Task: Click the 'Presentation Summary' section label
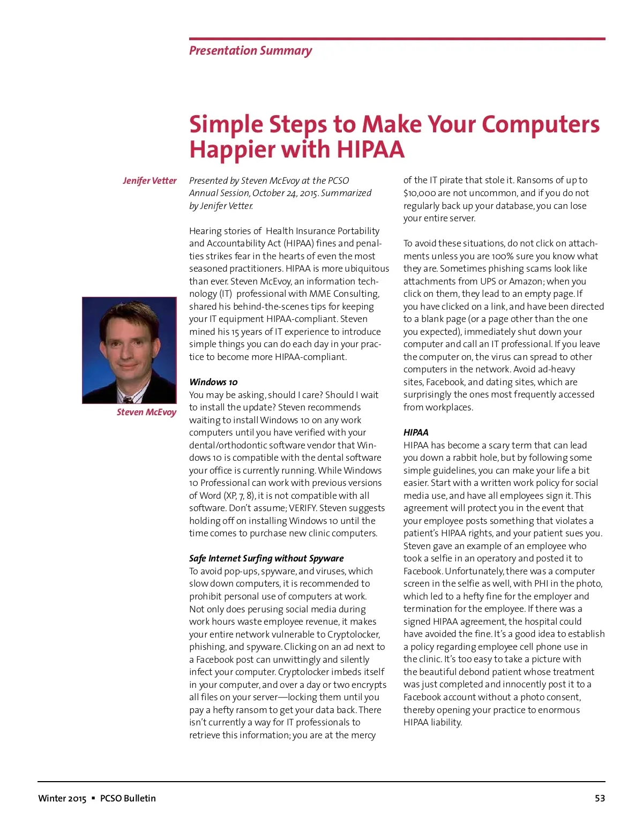pos(250,51)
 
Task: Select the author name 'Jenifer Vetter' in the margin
pos(149,181)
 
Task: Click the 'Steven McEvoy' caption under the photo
pos(146,412)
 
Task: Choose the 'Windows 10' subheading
pos(213,382)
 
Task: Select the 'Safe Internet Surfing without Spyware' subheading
pos(266,558)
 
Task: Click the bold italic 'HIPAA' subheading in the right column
pos(416,432)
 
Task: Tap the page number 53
pos(600,798)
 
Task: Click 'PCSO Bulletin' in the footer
pos(128,798)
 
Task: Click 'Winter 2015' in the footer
pos(62,798)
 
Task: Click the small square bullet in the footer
pos(93,798)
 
